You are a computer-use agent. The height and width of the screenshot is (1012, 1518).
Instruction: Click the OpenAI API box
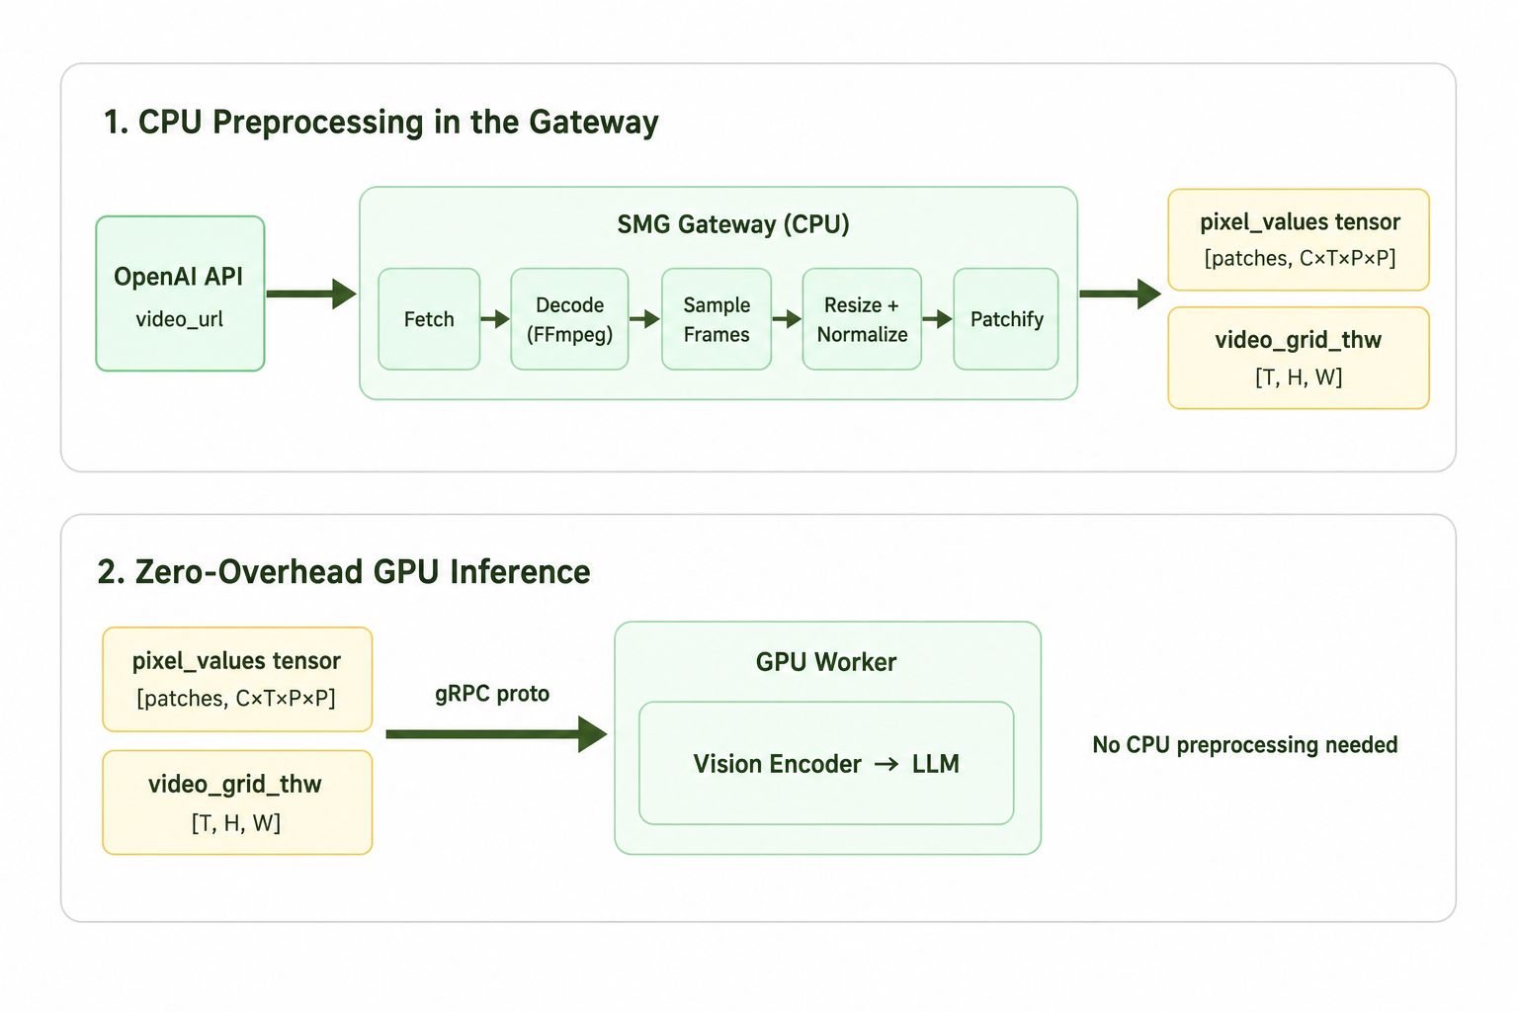pyautogui.click(x=180, y=294)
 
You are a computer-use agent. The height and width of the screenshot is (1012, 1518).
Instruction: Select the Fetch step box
pyautogui.click(x=429, y=318)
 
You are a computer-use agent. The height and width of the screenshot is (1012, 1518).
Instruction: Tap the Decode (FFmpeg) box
pyautogui.click(x=569, y=318)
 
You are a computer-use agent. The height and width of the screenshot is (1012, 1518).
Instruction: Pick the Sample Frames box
pyautogui.click(x=717, y=318)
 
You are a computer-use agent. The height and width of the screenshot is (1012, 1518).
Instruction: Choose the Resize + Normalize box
pyautogui.click(x=862, y=318)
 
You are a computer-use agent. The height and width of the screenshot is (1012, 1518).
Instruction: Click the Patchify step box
pyautogui.click(x=1006, y=318)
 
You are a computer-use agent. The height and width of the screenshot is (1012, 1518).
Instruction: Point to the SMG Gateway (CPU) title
pyautogui.click(x=733, y=224)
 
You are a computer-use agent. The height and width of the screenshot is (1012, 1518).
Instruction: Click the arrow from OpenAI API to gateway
pyautogui.click(x=311, y=294)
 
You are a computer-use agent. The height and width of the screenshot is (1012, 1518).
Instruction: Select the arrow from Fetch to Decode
pyautogui.click(x=495, y=318)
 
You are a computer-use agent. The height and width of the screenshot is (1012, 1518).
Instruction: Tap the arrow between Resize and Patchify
pyautogui.click(x=938, y=318)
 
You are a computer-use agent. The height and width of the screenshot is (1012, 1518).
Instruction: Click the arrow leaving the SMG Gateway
pyautogui.click(x=1120, y=294)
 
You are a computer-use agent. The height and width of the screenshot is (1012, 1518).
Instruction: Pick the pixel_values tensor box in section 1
pyautogui.click(x=1299, y=240)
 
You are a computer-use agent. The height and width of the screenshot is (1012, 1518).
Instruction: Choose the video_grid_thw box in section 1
pyautogui.click(x=1299, y=358)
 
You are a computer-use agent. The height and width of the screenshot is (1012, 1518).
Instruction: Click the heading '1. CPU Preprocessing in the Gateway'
pyautogui.click(x=380, y=123)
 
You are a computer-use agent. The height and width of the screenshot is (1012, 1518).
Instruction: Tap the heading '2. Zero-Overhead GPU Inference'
pyautogui.click(x=344, y=571)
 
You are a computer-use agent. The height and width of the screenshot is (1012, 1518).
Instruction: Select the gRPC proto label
pyautogui.click(x=492, y=694)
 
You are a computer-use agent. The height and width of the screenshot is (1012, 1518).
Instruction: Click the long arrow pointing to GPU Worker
pyautogui.click(x=497, y=734)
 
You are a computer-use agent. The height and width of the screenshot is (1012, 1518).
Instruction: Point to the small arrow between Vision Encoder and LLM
pyautogui.click(x=886, y=765)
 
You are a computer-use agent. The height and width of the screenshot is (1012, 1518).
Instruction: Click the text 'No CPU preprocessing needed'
pyautogui.click(x=1245, y=745)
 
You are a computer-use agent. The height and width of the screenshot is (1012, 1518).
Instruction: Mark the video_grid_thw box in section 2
pyautogui.click(x=237, y=802)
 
